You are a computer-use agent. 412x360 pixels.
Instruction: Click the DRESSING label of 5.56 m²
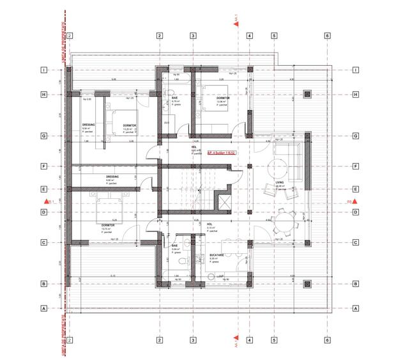(89, 125)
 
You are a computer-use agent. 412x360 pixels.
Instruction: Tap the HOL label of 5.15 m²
(192, 224)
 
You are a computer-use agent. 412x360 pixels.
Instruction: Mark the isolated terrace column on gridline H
(307, 95)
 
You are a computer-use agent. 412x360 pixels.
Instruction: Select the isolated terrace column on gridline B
(307, 284)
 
